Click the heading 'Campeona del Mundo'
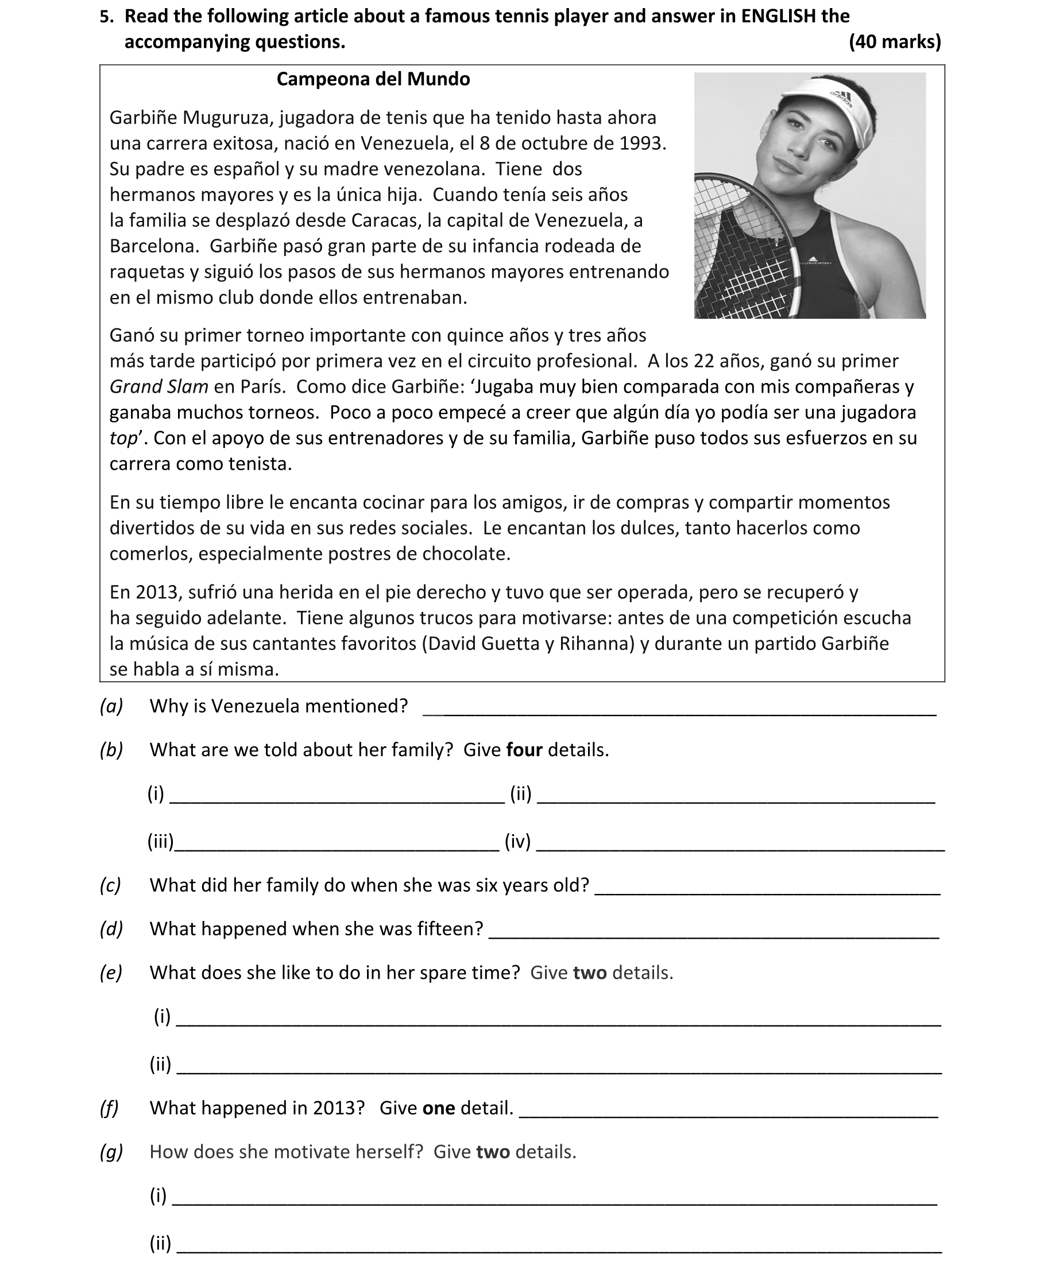[x=373, y=79]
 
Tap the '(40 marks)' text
[x=894, y=42]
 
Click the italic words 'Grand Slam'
[x=158, y=386]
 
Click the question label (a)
[x=111, y=706]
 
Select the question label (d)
[x=111, y=929]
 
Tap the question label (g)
[x=111, y=1151]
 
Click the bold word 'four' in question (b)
[x=524, y=750]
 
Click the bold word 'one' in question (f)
[x=438, y=1108]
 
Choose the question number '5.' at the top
[x=107, y=17]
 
